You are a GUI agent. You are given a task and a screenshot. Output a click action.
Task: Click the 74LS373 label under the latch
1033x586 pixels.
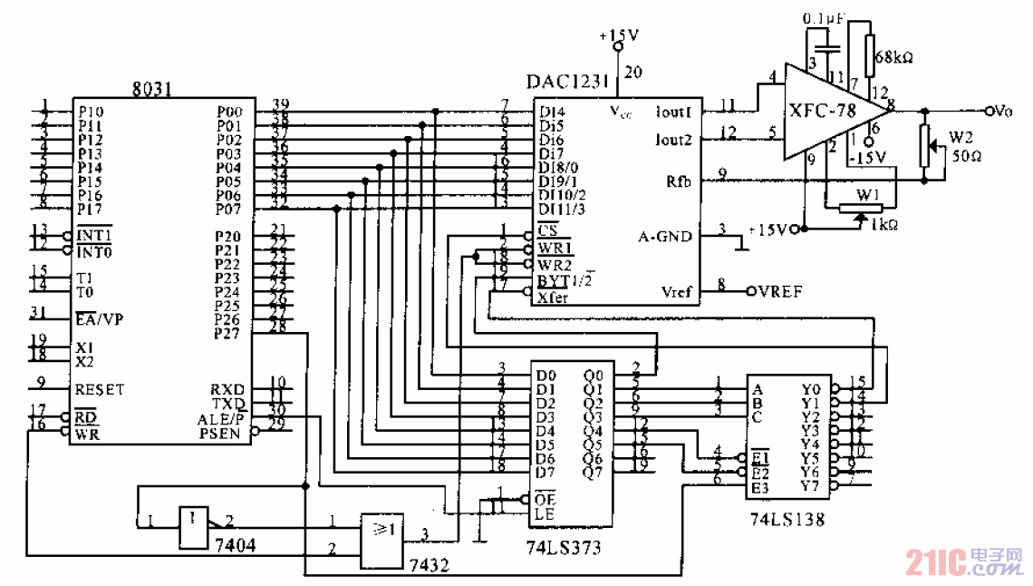[x=563, y=547]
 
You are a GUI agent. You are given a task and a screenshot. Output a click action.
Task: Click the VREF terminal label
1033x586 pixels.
[x=778, y=292]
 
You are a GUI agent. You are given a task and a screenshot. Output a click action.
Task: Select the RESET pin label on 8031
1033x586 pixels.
[x=100, y=389]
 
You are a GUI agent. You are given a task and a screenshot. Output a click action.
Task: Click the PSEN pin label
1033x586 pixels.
[x=220, y=434]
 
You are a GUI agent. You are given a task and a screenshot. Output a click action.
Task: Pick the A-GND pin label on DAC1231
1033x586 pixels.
[x=664, y=237]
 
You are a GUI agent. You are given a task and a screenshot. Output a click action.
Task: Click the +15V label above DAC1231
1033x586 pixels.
[x=619, y=35]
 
